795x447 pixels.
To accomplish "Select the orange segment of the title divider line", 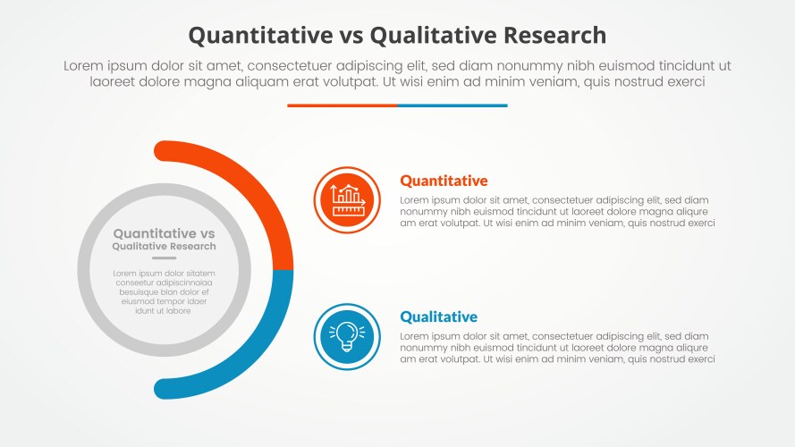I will coord(342,105).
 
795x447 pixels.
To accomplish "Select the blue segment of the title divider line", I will coord(452,105).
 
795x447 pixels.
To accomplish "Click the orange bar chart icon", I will coord(347,200).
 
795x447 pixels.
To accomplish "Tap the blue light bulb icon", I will coord(347,336).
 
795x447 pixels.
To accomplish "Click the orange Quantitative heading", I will coord(444,181).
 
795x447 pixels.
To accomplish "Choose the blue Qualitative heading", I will coord(438,316).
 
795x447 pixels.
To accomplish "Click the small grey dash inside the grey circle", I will coord(164,258).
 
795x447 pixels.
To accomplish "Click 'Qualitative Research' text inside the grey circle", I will coord(164,246).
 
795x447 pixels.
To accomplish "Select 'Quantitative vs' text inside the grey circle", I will coord(164,233).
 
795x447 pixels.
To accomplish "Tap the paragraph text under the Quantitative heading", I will coord(557,212).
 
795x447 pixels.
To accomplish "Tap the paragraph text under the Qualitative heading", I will coord(557,348).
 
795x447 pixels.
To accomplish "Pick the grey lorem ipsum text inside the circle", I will coord(164,291).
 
